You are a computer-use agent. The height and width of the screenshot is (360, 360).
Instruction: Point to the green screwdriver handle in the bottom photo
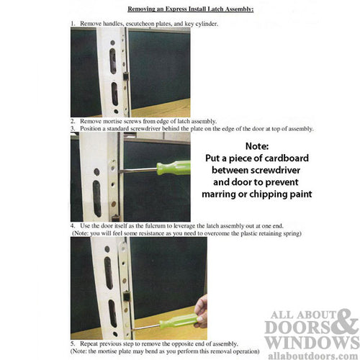(177, 320)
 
